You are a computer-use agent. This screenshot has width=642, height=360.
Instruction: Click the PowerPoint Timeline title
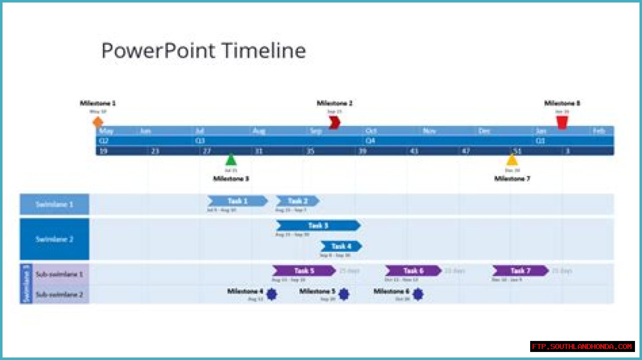click(204, 51)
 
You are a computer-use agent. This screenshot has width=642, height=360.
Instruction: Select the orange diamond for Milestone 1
click(98, 122)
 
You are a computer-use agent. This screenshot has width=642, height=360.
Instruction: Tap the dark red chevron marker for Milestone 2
click(335, 122)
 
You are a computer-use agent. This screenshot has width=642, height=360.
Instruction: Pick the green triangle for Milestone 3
click(231, 160)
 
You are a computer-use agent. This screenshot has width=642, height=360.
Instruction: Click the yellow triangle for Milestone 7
click(512, 160)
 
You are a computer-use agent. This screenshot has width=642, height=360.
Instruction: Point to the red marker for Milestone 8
click(562, 122)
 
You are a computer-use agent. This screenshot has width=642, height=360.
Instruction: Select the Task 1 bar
click(237, 201)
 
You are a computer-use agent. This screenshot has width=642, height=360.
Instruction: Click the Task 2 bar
click(297, 201)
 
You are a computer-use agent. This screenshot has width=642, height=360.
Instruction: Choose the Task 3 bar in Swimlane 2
click(318, 226)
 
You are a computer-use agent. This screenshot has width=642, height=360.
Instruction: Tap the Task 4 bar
click(341, 246)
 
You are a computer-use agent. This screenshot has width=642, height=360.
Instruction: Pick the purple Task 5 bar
click(304, 271)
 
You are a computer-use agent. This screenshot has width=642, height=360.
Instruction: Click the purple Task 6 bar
click(413, 271)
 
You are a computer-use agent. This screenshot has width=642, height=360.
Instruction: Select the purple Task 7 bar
click(520, 271)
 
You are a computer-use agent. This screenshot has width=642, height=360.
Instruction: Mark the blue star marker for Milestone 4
click(271, 294)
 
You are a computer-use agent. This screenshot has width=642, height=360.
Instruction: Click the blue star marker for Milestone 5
click(344, 294)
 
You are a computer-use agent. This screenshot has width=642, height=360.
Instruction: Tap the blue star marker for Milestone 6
click(418, 294)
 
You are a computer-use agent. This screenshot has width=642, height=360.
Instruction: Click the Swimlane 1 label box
click(54, 205)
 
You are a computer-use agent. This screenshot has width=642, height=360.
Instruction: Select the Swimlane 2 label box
click(54, 239)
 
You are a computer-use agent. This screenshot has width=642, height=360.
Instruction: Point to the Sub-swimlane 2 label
click(59, 294)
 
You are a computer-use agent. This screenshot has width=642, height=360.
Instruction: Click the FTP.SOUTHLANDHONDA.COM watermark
click(582, 346)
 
